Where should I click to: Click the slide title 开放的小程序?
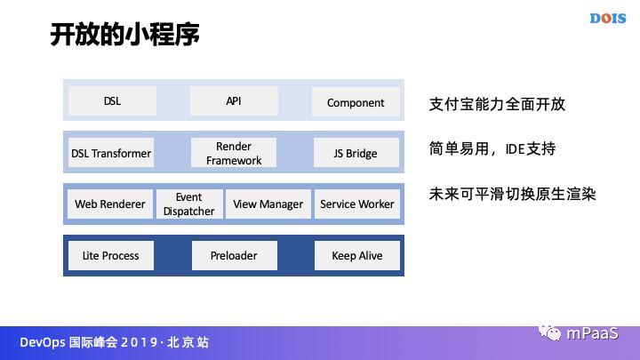(x=123, y=35)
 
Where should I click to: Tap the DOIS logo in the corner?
(x=609, y=18)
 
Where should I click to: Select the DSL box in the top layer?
(x=112, y=102)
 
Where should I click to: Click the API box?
(x=234, y=102)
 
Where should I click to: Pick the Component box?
(x=356, y=102)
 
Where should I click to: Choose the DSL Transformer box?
(x=111, y=154)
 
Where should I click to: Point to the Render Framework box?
(x=234, y=154)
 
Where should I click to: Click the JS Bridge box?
(x=356, y=154)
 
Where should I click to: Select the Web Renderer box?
(x=110, y=204)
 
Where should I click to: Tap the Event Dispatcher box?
(x=188, y=204)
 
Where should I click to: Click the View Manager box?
(x=268, y=204)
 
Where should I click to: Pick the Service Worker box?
(x=356, y=204)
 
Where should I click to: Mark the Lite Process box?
(x=111, y=256)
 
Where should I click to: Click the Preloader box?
(x=234, y=256)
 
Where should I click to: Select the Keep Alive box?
(x=356, y=256)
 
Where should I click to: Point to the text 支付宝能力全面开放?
(x=497, y=105)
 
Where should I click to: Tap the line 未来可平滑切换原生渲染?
(x=511, y=193)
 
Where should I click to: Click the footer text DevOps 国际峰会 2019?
(x=116, y=342)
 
